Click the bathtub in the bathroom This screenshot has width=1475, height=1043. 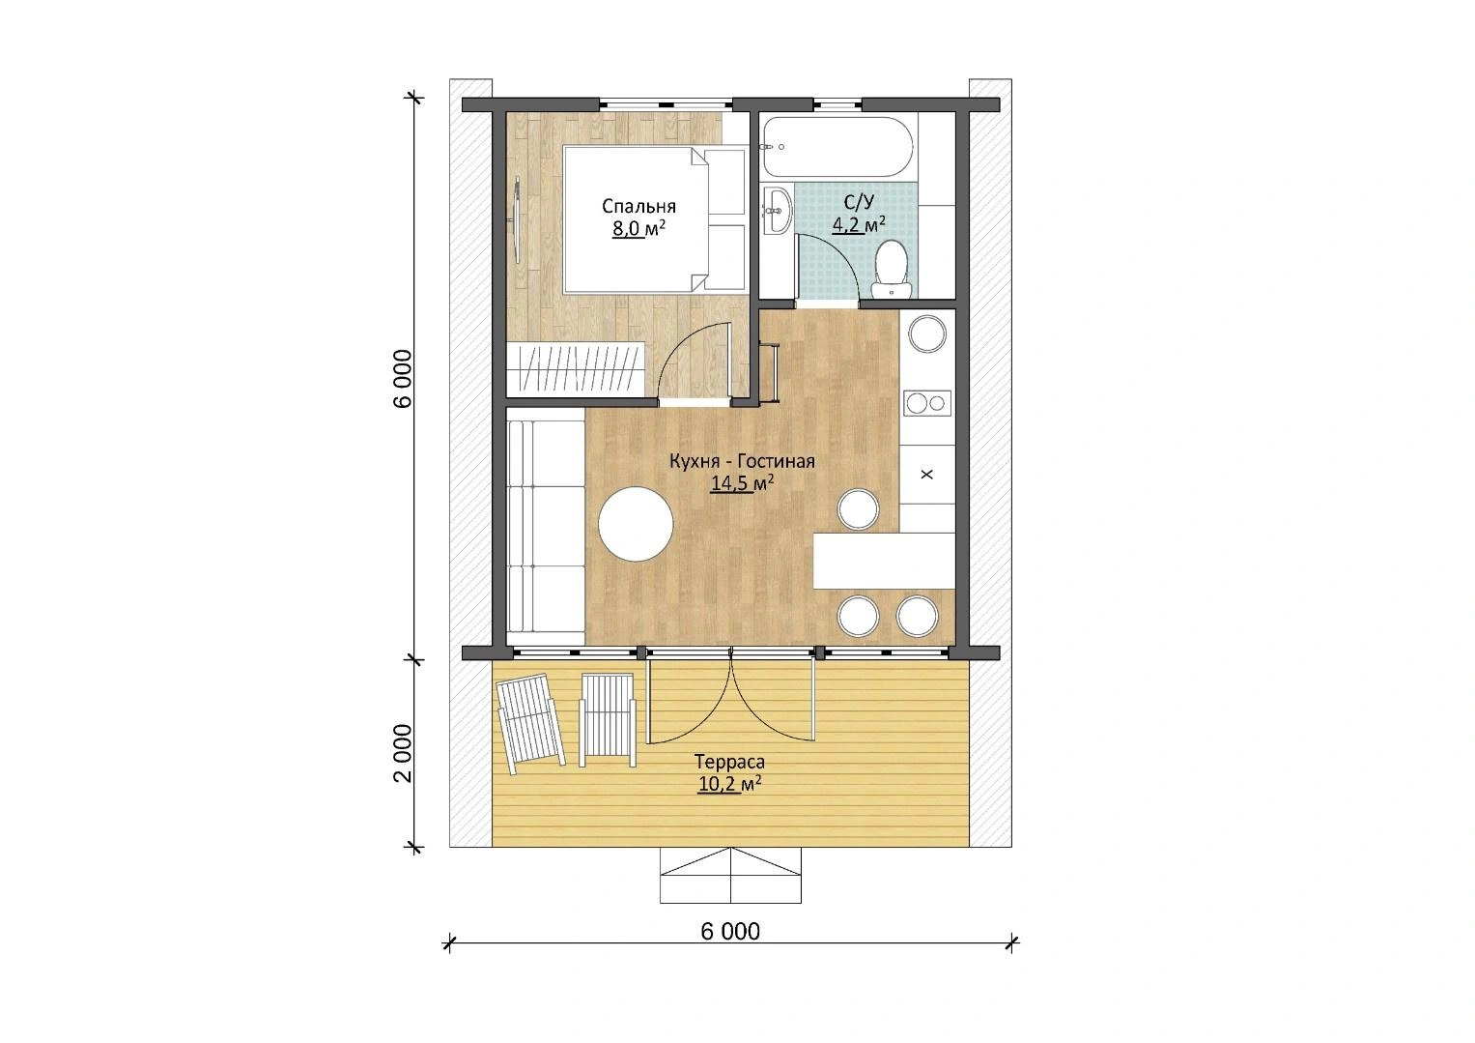837,147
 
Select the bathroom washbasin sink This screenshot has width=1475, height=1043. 778,210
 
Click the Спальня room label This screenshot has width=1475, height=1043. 638,206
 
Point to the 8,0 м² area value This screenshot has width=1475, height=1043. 638,229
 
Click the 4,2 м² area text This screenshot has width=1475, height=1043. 859,224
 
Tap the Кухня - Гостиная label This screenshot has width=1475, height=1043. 742,461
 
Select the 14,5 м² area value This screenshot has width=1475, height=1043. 742,483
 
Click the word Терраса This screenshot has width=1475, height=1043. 729,763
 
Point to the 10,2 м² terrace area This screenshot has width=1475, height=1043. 729,784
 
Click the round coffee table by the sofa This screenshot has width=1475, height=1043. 636,524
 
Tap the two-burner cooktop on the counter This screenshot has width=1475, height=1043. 927,403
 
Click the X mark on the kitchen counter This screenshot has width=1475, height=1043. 927,475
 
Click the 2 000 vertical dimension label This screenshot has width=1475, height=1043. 403,754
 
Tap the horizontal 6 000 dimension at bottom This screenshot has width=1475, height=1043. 730,931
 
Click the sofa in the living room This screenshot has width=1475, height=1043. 546,527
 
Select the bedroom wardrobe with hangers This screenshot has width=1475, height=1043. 575,369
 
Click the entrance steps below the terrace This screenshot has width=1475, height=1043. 730,875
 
